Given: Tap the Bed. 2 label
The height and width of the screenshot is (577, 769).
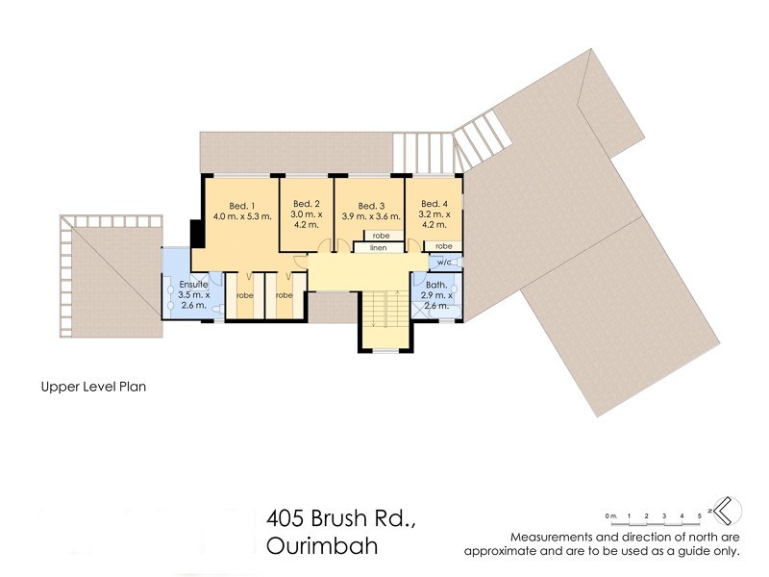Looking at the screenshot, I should coord(306,204).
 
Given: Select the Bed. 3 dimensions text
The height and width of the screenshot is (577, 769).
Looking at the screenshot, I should coord(371,217).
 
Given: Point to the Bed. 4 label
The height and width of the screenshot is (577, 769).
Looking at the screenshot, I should coord(434,204).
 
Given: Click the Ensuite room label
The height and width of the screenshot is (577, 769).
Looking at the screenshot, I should coord(194,285).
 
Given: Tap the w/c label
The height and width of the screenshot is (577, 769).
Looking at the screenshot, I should coord(443,262).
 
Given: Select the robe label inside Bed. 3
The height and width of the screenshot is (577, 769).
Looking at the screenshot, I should coord(381,236).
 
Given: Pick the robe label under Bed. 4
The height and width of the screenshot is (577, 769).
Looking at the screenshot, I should coord(443,246).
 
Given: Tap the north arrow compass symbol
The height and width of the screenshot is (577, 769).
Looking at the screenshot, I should coord(724,508).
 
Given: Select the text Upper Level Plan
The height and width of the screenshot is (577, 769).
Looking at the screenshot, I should coord(92,388).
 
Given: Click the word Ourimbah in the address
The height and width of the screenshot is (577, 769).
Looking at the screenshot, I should coord(317,545).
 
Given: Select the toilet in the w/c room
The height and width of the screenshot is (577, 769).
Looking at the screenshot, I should coord(457,262).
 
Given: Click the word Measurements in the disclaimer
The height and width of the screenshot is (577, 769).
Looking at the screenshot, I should coord(550,536).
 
